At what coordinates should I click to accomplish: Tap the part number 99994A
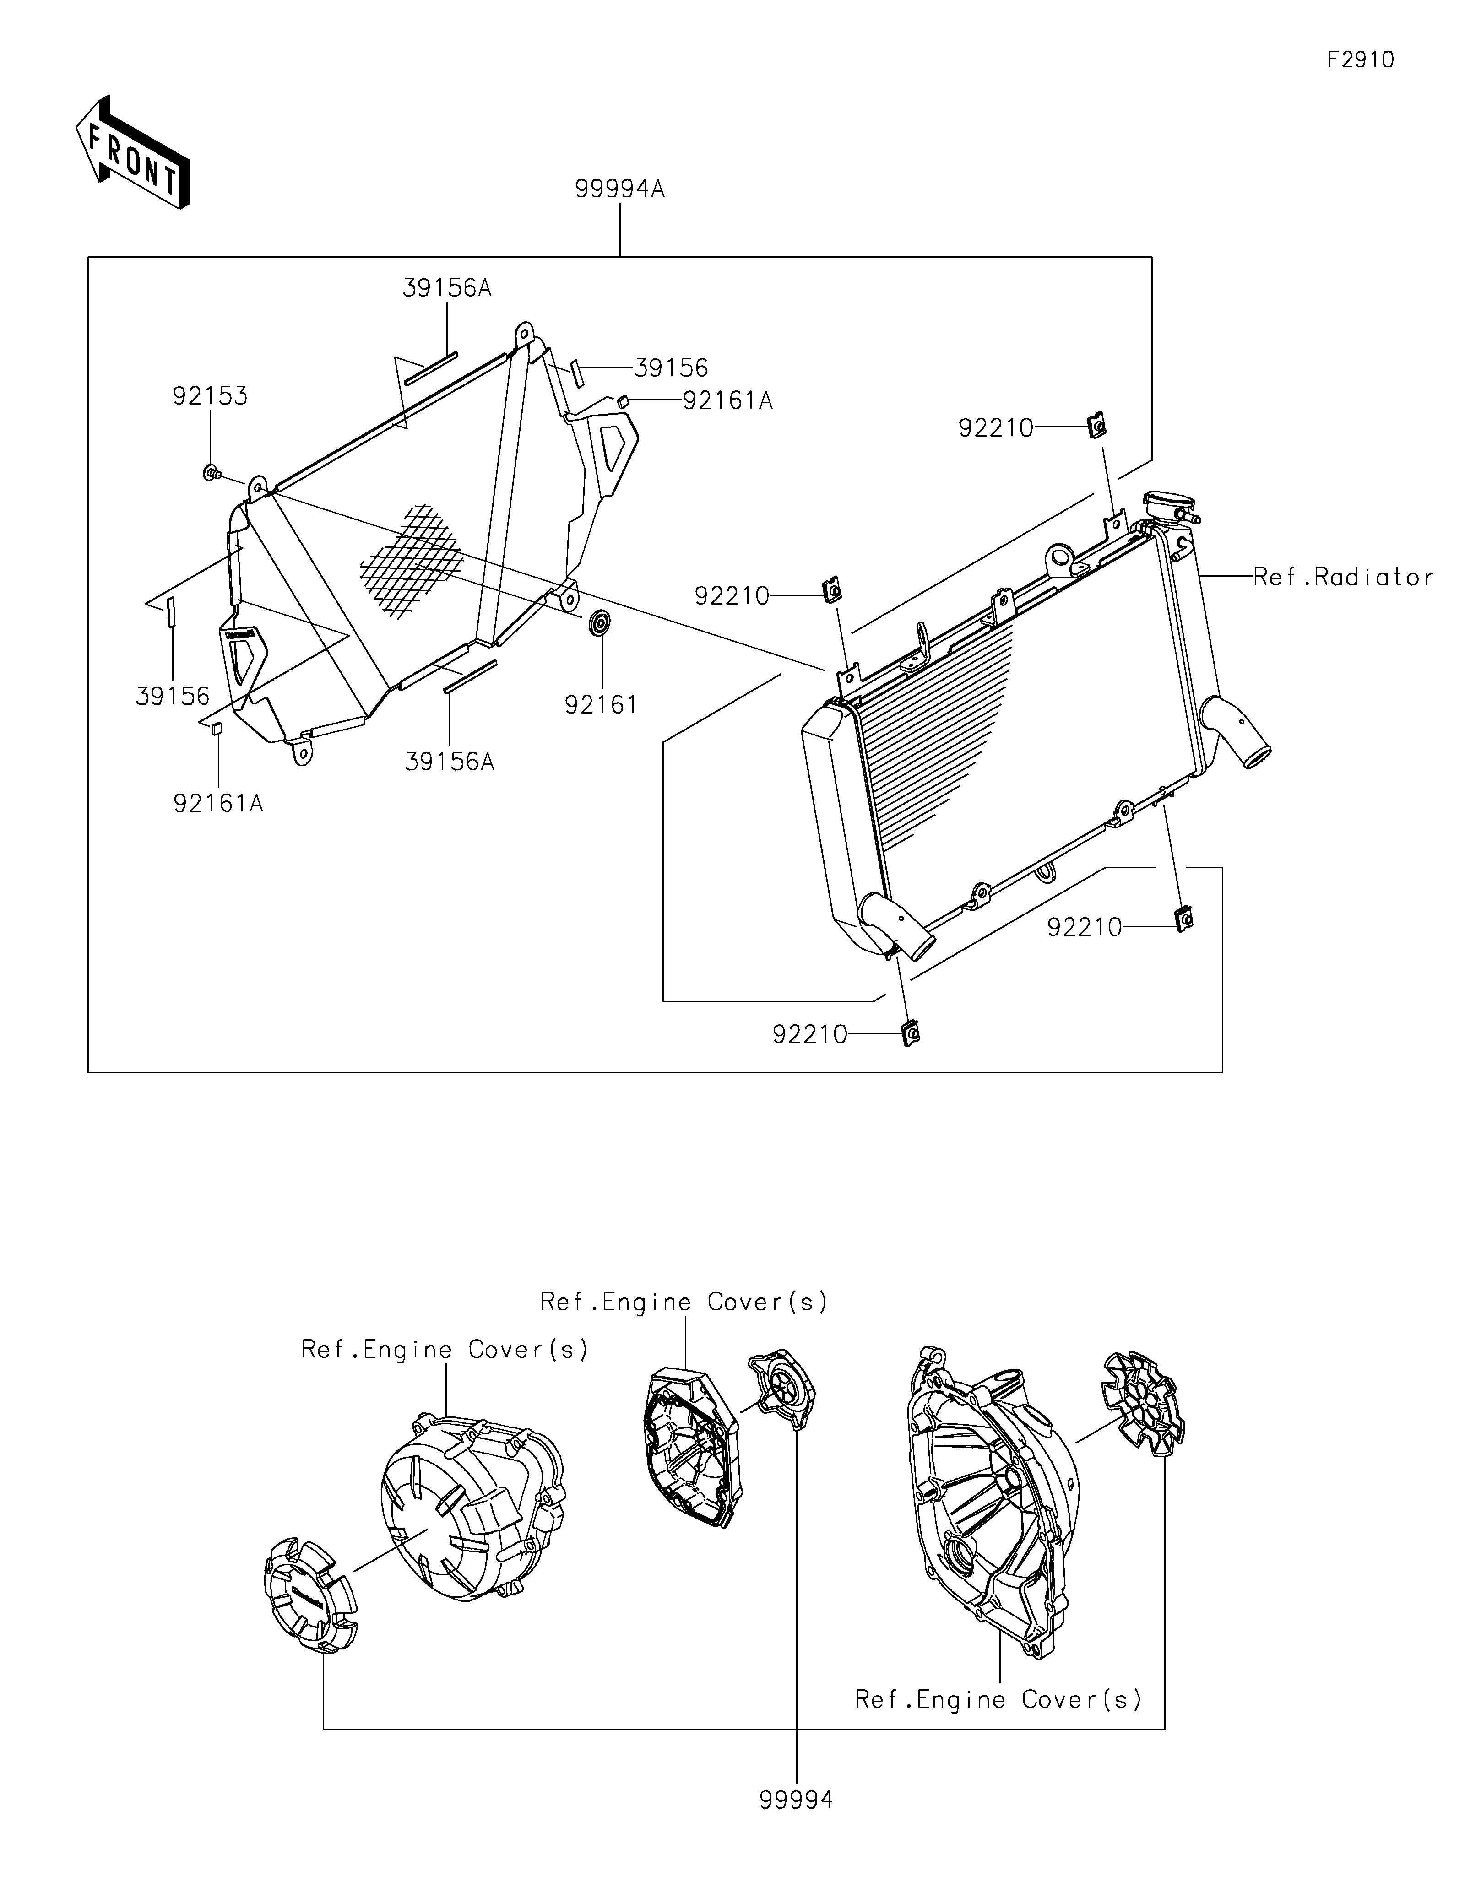(x=619, y=189)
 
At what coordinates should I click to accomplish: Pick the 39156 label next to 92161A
(x=671, y=368)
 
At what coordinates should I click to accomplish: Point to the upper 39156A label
(x=446, y=288)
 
